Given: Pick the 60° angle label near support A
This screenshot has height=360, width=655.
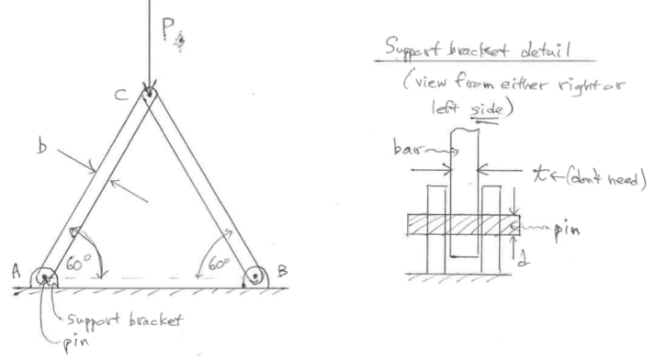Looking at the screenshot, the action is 78,264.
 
